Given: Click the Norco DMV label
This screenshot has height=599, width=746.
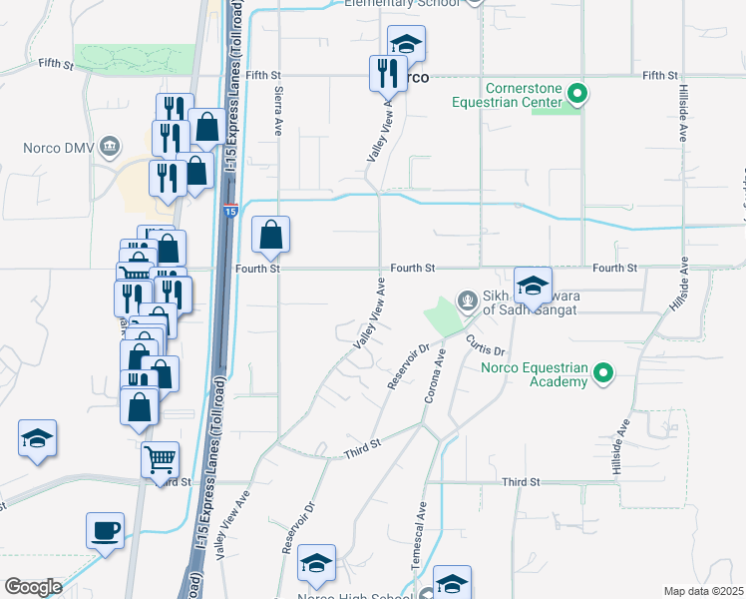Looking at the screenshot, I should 58,149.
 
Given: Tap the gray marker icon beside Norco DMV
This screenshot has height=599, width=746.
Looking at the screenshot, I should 110,149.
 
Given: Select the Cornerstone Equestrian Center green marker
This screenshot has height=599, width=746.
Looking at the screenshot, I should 576,96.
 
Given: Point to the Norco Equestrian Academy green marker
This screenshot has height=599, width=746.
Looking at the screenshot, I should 602,374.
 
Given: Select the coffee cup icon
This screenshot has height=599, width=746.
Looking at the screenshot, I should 105,531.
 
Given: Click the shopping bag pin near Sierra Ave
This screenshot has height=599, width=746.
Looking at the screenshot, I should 270,237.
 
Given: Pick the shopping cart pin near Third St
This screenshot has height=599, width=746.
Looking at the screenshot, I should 160,460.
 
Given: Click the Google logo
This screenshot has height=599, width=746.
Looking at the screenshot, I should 33,586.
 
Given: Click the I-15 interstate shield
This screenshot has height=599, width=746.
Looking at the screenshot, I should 229,211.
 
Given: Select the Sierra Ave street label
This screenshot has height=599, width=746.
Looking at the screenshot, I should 279,109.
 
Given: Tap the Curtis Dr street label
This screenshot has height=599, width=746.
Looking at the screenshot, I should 487,345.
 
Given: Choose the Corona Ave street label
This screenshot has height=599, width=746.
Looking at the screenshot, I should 436,376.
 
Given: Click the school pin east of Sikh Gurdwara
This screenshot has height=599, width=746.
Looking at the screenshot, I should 533,285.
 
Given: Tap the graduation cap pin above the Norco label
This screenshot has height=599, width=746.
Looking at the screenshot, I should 406,43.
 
